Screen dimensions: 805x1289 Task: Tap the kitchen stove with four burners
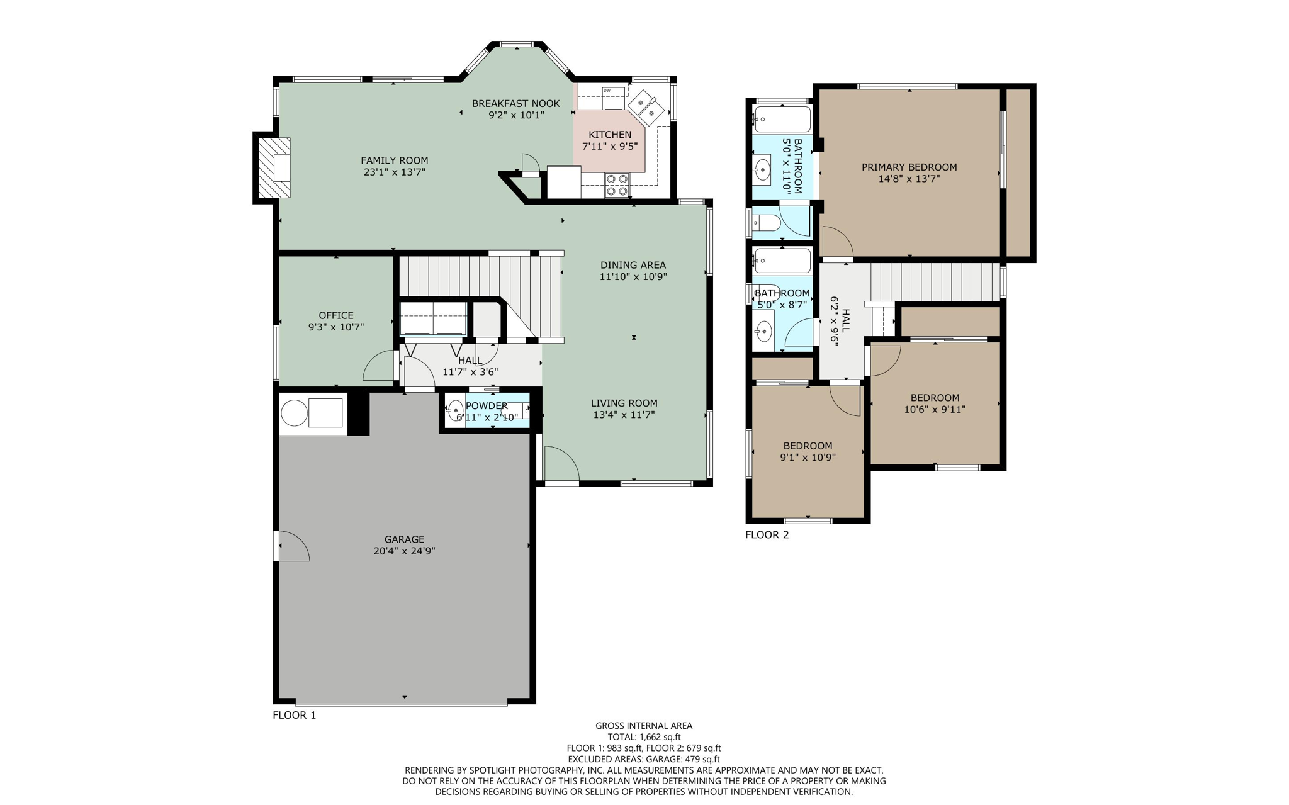(617, 185)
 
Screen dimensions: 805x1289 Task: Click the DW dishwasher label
(607, 91)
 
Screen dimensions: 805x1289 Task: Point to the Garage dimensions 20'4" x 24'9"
(404, 551)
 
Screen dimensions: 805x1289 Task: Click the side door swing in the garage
(292, 546)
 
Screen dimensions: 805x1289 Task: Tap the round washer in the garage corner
(294, 414)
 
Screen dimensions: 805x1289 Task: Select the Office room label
(336, 315)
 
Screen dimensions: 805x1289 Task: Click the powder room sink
(456, 410)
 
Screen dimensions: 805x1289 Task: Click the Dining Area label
(633, 265)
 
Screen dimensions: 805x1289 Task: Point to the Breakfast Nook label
(515, 104)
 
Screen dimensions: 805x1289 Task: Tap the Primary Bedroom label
(909, 167)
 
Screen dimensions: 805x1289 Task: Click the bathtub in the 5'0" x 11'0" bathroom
(782, 119)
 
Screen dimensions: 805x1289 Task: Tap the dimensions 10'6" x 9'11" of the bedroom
(935, 409)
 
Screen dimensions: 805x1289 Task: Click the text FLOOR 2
(767, 535)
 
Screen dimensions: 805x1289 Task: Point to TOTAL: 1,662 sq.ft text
(643, 737)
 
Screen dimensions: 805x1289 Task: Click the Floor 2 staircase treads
(935, 281)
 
